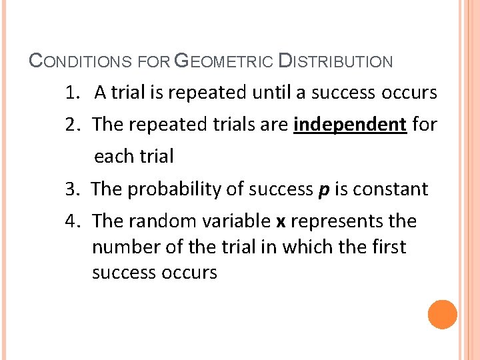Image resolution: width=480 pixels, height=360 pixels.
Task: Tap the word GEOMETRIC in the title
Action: pyautogui.click(x=223, y=62)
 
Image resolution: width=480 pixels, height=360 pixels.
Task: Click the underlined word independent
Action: pyautogui.click(x=350, y=124)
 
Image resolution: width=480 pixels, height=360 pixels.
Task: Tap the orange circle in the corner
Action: pyautogui.click(x=443, y=315)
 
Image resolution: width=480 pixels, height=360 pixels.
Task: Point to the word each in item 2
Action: pyautogui.click(x=112, y=157)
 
